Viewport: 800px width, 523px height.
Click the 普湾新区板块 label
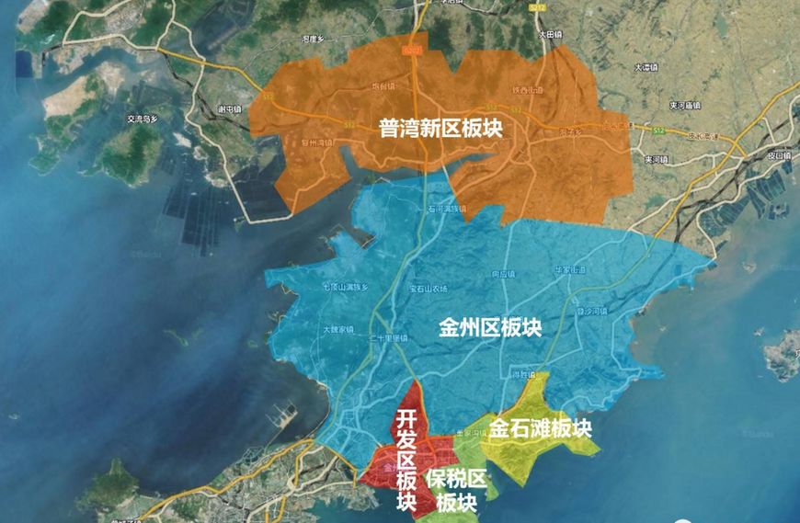pyautogui.click(x=440, y=129)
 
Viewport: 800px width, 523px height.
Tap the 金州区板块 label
pyautogui.click(x=490, y=328)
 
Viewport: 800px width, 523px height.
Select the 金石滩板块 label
pyautogui.click(x=539, y=428)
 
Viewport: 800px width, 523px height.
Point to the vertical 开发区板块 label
pyautogui.click(x=406, y=460)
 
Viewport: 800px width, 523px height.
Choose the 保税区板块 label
pyautogui.click(x=456, y=490)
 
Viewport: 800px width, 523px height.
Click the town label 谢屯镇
pyautogui.click(x=229, y=108)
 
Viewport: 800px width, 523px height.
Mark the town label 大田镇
pyautogui.click(x=549, y=34)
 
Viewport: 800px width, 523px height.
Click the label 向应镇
pyautogui.click(x=503, y=274)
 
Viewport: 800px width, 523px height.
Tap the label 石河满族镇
pyautogui.click(x=447, y=209)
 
